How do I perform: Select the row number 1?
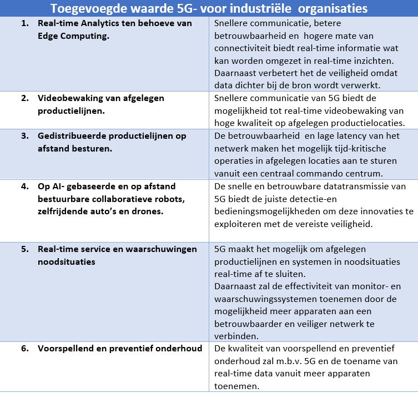[x=24, y=23]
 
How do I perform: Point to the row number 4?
[x=24, y=186]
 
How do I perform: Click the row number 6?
[x=24, y=349]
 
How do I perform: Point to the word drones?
[x=149, y=211]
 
